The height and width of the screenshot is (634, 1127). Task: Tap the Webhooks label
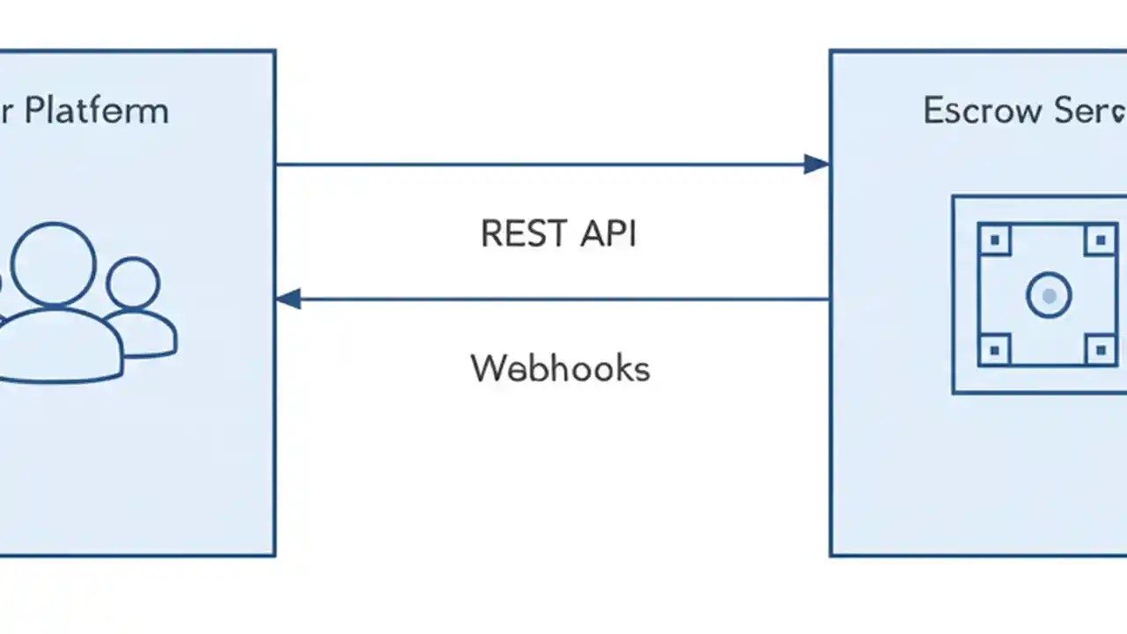coord(560,368)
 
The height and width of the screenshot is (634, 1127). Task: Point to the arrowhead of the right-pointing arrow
coord(817,164)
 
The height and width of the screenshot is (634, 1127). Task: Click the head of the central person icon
coord(53,263)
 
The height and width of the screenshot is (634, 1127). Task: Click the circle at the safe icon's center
coord(1049,296)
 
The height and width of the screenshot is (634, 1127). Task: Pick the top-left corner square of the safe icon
coord(995,240)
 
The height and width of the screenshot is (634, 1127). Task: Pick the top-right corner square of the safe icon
coord(1101,240)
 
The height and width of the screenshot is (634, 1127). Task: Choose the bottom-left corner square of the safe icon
coord(995,350)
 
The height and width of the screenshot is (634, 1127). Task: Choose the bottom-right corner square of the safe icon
coord(1101,350)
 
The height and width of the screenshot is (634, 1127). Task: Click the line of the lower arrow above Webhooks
coord(563,299)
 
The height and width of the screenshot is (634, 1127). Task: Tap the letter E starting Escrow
coord(934,112)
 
